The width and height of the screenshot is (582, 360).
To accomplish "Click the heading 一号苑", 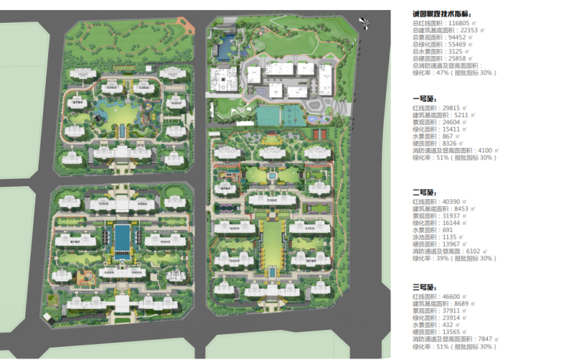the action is coord(423,99).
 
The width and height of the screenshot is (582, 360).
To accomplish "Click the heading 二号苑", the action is coord(423,191).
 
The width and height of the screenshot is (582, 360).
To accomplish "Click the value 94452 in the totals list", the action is coord(453,38).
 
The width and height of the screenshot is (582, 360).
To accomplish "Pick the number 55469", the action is coord(453,44).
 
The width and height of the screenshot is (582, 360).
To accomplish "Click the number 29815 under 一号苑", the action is coord(446,109).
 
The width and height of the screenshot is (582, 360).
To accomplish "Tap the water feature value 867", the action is coord(443,136).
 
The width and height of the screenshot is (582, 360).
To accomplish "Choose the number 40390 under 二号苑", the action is coord(446,201).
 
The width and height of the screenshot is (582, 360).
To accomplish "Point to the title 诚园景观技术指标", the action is coord(442,13).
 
